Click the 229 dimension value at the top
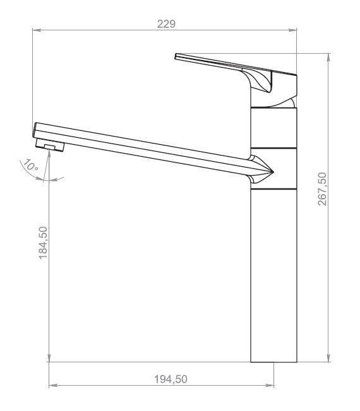coord(166,24)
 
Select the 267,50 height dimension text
coord(322,188)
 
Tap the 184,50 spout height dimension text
coord(43,243)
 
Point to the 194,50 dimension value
coord(171,379)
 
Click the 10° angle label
coord(30,166)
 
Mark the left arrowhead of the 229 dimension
coord(37,30)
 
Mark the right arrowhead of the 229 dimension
coord(292,30)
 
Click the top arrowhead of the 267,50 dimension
coord(329,58)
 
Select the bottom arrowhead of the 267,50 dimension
coord(329,358)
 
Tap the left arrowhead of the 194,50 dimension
coord(53,385)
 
